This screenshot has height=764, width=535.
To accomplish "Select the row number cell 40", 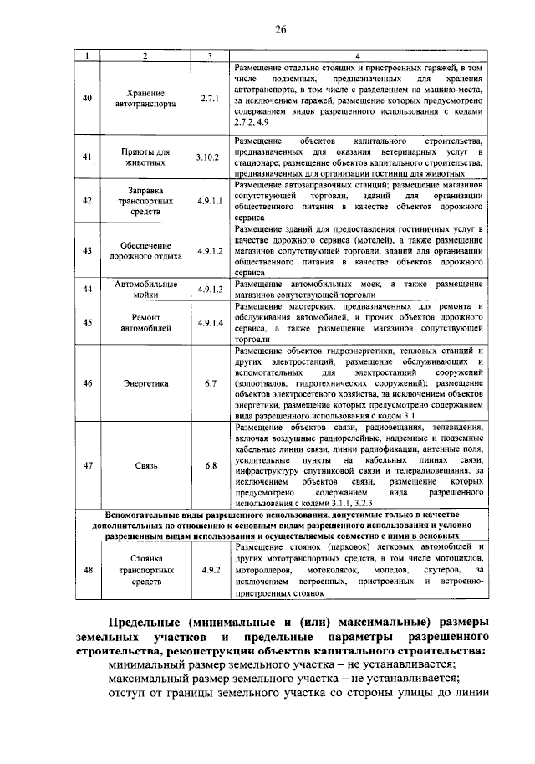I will point(88,98).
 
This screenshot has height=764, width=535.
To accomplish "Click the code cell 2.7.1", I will point(209,98).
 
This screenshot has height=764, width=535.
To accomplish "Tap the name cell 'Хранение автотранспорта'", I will point(145,99).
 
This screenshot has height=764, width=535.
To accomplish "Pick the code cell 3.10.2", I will point(209,157).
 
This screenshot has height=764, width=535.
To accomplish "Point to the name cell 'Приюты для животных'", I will point(145,157).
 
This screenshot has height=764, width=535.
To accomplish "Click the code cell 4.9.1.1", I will point(209,202).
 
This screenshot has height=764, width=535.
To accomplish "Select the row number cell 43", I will point(88,250).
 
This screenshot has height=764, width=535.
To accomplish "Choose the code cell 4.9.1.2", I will point(209,250).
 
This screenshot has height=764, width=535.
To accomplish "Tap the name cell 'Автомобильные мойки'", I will point(145,289).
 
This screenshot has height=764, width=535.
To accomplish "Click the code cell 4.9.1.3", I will point(209,289).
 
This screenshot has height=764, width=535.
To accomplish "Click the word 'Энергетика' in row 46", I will point(145,384).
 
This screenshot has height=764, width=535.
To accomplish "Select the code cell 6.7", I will point(209,384).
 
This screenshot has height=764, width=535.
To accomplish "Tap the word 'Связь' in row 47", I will point(145,465).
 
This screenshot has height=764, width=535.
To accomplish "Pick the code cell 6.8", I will point(209,465).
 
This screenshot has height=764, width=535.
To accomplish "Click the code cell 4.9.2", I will point(209,570).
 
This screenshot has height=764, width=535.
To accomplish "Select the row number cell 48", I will point(88,570).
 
